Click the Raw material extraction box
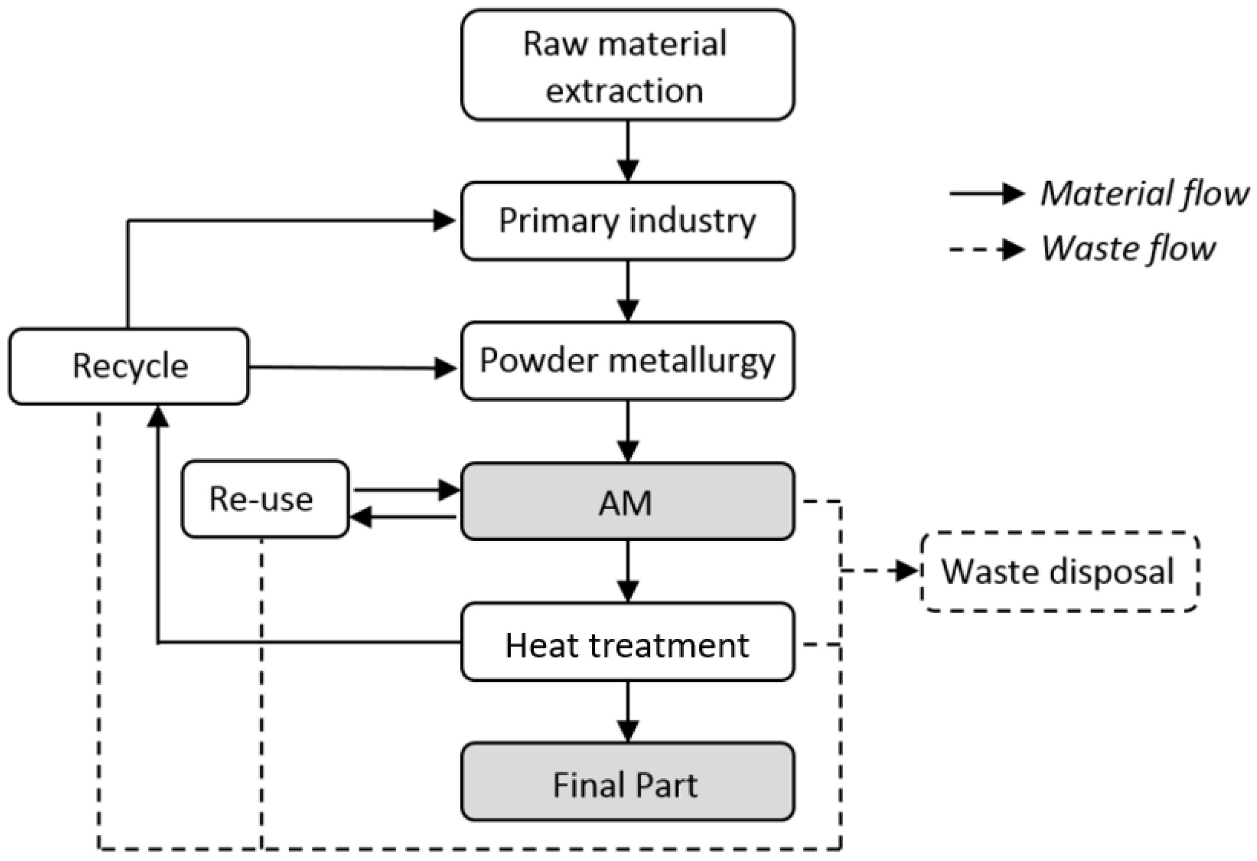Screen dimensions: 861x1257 [x=627, y=65]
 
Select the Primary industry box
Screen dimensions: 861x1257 [x=627, y=221]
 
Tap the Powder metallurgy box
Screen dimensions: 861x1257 [x=627, y=361]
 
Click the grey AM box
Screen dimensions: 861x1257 [x=627, y=501]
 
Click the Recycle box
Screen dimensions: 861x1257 [x=129, y=366]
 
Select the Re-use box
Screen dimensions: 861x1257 [x=265, y=499]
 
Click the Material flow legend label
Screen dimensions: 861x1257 [x=1144, y=194]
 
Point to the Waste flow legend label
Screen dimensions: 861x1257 [x=1128, y=249]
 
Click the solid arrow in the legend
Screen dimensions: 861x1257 [x=987, y=194]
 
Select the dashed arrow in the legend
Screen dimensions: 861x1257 [x=987, y=250]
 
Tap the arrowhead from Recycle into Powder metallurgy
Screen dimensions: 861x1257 [x=446, y=368]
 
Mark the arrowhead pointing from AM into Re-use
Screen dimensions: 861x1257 [x=361, y=517]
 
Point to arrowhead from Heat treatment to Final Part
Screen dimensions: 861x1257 [x=627, y=731]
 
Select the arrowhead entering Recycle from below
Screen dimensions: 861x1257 [x=158, y=416]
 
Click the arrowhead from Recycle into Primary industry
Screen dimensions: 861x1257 [x=445, y=221]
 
